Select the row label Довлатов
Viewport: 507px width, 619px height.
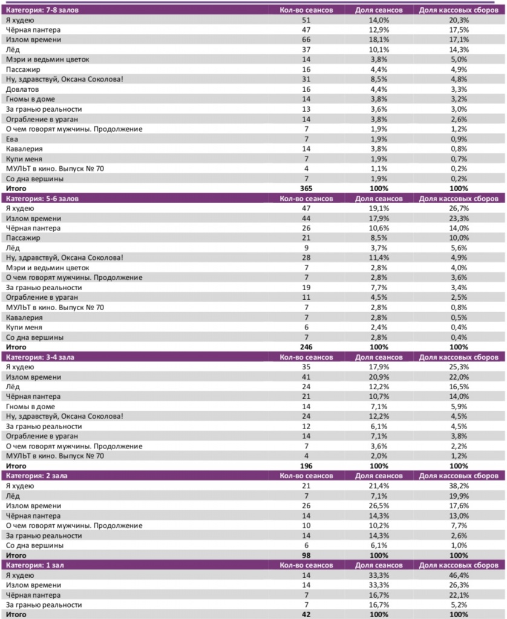pos(22,89)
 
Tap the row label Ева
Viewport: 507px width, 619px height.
pos(12,139)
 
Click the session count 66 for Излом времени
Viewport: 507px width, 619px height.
pos(307,40)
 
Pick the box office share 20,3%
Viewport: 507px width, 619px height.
pos(459,20)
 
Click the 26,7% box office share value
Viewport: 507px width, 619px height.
pos(459,208)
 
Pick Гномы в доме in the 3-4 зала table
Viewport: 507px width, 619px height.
pos(27,406)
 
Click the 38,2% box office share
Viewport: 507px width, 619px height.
pos(459,486)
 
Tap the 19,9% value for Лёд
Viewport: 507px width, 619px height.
pos(459,496)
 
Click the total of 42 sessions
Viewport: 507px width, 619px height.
pos(307,615)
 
